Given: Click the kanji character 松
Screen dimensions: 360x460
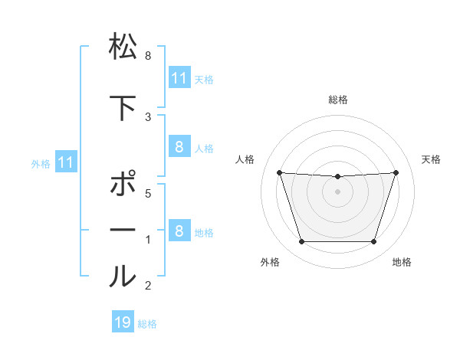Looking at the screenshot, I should pos(123,47).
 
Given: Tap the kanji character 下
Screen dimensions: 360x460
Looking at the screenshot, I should pos(123,107).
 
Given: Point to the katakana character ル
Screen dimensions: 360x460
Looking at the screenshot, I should pos(123,276).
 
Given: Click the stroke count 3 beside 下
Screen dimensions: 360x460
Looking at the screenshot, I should pos(148,116).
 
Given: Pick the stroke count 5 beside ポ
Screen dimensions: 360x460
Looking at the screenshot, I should pos(148,194).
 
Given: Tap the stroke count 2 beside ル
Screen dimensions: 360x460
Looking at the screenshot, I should pos(148,286).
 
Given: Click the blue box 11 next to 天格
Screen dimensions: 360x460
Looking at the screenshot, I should pos(179,78).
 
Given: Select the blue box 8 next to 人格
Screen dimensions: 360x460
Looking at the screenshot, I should pos(179,148).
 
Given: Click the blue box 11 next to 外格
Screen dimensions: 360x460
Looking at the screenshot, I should pos(65,162).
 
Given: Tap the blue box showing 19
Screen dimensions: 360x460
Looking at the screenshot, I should pos(123,322).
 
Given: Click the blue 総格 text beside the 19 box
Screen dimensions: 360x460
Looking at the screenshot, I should pos(147,324).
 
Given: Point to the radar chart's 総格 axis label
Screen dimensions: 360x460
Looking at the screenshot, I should pos(337,100).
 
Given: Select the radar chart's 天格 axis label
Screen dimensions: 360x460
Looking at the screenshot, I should pos(432,159).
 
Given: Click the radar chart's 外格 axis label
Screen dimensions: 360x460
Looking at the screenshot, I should pos(270,263).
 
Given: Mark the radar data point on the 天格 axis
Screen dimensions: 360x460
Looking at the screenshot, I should pos(396,172).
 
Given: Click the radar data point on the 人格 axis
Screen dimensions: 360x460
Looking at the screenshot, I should pos(279,172).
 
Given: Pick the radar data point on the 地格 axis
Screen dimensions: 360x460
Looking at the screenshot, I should pos(373,242).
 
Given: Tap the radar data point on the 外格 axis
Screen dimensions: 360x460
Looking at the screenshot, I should pos(301,242).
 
